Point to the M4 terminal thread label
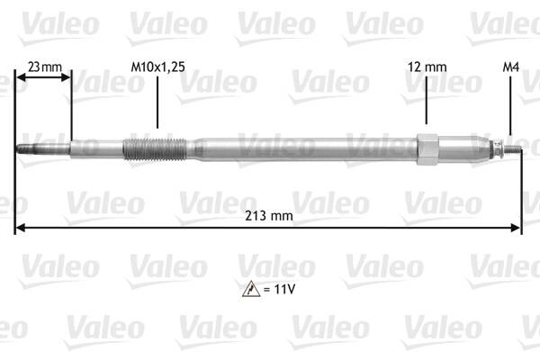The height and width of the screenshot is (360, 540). pos(508,66)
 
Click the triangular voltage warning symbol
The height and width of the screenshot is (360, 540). pos(248,289)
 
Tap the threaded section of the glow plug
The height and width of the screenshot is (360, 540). pos(153,146)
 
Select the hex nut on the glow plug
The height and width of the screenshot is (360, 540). pos(426,146)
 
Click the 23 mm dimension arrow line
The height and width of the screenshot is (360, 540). pos(43,78)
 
